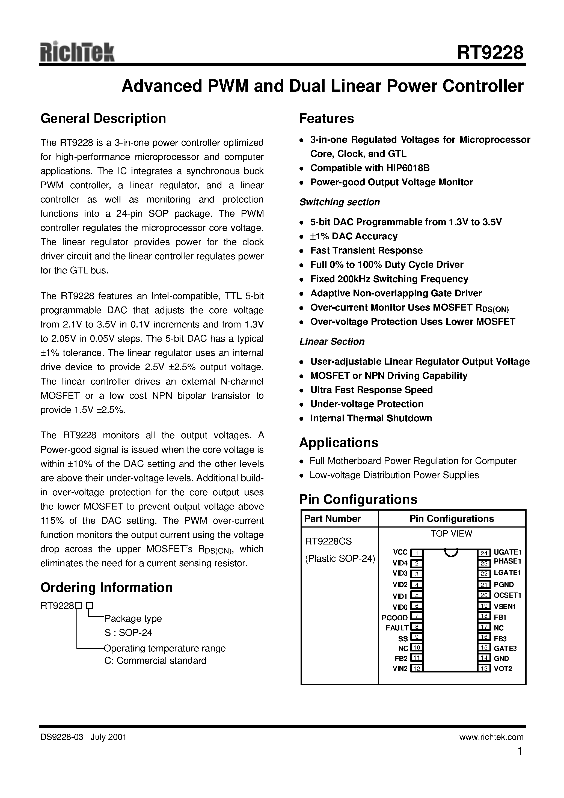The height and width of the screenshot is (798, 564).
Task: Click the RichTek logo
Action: coord(77,53)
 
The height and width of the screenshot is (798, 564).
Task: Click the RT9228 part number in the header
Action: coord(489,53)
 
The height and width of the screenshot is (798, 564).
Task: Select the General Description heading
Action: coord(103,118)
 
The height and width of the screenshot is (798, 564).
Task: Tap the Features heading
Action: coord(326,118)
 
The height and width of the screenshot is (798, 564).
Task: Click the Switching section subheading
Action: coord(339,202)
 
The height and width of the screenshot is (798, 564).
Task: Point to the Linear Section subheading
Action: coord(332,342)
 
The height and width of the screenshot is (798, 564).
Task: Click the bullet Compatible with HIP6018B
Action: coord(370,168)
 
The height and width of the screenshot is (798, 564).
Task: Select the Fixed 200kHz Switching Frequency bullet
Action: coord(389,279)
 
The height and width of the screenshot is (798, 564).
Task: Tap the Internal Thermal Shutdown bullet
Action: coord(371,418)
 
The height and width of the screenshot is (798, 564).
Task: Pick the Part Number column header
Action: coord(333,519)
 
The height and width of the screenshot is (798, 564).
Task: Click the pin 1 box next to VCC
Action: coord(416,553)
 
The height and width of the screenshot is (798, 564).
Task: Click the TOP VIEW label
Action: coord(451,534)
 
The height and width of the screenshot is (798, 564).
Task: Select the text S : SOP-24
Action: coord(128,633)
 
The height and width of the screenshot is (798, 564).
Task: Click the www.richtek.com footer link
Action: coord(491,737)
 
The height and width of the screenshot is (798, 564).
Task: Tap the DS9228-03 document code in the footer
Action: coord(62,737)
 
